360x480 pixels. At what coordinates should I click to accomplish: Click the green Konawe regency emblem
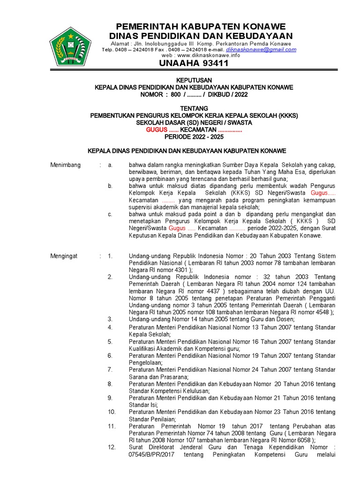click(x=70, y=47)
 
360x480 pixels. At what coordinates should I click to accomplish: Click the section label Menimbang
click(x=65, y=165)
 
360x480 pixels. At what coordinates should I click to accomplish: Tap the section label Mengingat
click(x=64, y=256)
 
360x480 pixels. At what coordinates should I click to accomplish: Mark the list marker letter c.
click(x=110, y=214)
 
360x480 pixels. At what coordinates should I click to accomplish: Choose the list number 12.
click(x=111, y=448)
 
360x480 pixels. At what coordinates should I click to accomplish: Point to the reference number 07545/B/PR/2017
click(x=155, y=455)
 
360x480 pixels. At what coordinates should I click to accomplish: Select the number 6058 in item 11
click(x=304, y=441)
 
